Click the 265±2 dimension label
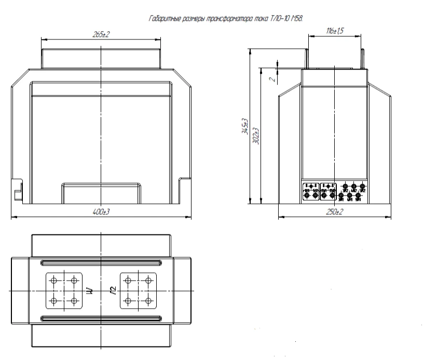click(x=101, y=34)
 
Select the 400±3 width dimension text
click(x=101, y=212)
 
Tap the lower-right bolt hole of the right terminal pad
click(x=148, y=301)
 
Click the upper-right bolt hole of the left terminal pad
click(x=74, y=281)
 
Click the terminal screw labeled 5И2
click(x=362, y=186)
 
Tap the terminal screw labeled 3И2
click(x=346, y=186)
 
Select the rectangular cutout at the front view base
click(x=101, y=193)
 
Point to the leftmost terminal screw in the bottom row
click(x=307, y=195)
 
